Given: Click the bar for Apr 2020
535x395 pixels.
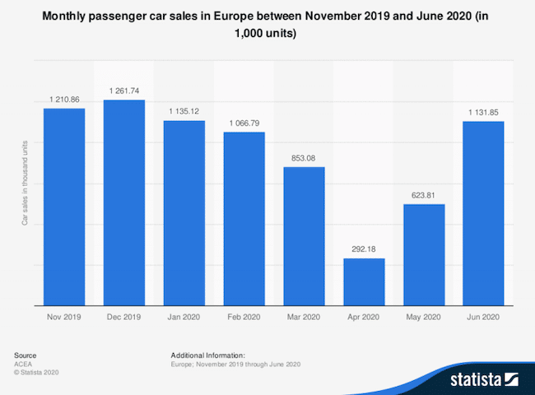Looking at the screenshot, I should click(364, 281).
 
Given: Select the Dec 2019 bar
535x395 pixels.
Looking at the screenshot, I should click(124, 202).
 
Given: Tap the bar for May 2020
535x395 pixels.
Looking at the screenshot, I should click(424, 254).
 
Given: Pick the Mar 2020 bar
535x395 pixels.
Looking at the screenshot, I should click(304, 236).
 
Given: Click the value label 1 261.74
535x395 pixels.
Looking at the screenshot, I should click(124, 90).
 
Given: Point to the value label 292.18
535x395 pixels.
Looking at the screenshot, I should click(364, 248).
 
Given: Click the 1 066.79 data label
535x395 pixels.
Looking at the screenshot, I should click(244, 122).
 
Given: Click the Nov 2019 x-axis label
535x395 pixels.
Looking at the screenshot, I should click(64, 316).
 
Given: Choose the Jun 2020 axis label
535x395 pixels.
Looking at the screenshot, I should click(484, 316).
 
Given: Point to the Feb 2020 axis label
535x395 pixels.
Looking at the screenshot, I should click(244, 316).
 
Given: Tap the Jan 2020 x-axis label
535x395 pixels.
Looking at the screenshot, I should click(184, 316).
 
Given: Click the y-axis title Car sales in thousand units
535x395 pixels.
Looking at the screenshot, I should click(25, 182).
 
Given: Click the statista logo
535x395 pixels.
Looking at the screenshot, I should click(482, 379).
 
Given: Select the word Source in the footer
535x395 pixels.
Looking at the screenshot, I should click(25, 355).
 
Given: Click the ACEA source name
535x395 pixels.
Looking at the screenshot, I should click(23, 364).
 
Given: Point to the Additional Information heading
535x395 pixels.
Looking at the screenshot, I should click(208, 355).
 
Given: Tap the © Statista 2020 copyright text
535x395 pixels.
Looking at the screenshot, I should click(37, 373).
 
